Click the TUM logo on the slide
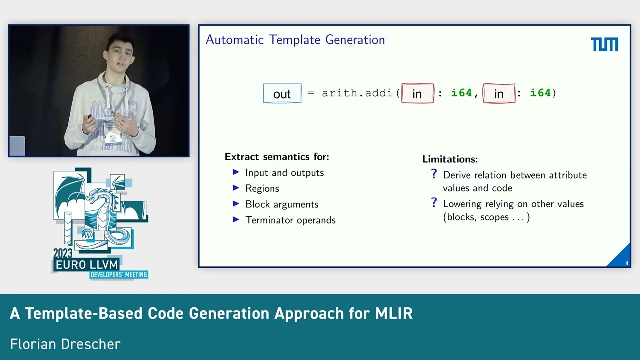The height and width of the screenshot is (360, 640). pyautogui.click(x=604, y=44)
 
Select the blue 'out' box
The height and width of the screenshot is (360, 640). pyautogui.click(x=282, y=94)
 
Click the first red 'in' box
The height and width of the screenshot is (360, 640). pyautogui.click(x=417, y=94)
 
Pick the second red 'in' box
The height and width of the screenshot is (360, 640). pyautogui.click(x=499, y=94)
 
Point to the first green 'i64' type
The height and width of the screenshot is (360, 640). pyautogui.click(x=461, y=93)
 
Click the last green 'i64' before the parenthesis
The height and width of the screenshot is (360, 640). pyautogui.click(x=540, y=93)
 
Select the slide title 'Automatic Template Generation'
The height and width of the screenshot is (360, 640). pyautogui.click(x=295, y=40)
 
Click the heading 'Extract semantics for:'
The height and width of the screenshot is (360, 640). pyautogui.click(x=277, y=157)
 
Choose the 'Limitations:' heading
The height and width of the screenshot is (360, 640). pyautogui.click(x=450, y=159)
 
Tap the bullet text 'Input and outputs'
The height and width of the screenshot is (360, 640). pyautogui.click(x=284, y=173)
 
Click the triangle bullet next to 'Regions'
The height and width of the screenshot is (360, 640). pyautogui.click(x=236, y=188)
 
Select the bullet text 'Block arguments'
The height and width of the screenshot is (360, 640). pyautogui.click(x=282, y=204)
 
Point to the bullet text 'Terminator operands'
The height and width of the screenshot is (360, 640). pyautogui.click(x=290, y=220)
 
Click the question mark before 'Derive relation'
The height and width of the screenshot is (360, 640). pyautogui.click(x=434, y=174)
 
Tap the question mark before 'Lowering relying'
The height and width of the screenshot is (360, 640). pyautogui.click(x=434, y=203)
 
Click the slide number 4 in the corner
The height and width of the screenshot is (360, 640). pyautogui.click(x=627, y=263)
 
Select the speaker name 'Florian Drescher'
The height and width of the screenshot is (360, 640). pyautogui.click(x=65, y=344)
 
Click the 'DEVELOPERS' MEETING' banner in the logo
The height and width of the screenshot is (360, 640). pyautogui.click(x=119, y=275)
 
